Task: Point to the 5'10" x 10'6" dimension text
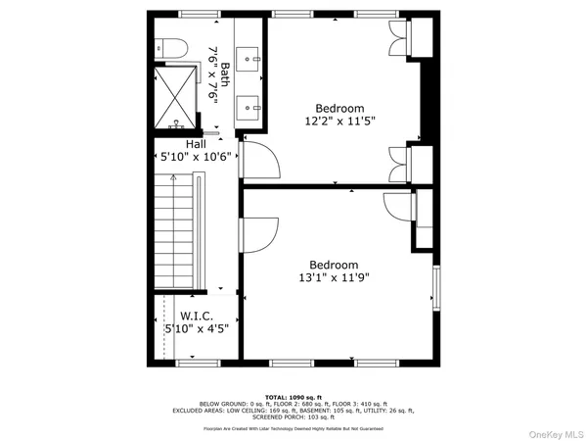195,156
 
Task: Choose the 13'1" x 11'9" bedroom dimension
334,276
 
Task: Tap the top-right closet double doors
400,34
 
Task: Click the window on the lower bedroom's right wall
435,289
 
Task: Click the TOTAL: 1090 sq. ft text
293,397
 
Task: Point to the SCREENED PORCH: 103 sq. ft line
293,416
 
